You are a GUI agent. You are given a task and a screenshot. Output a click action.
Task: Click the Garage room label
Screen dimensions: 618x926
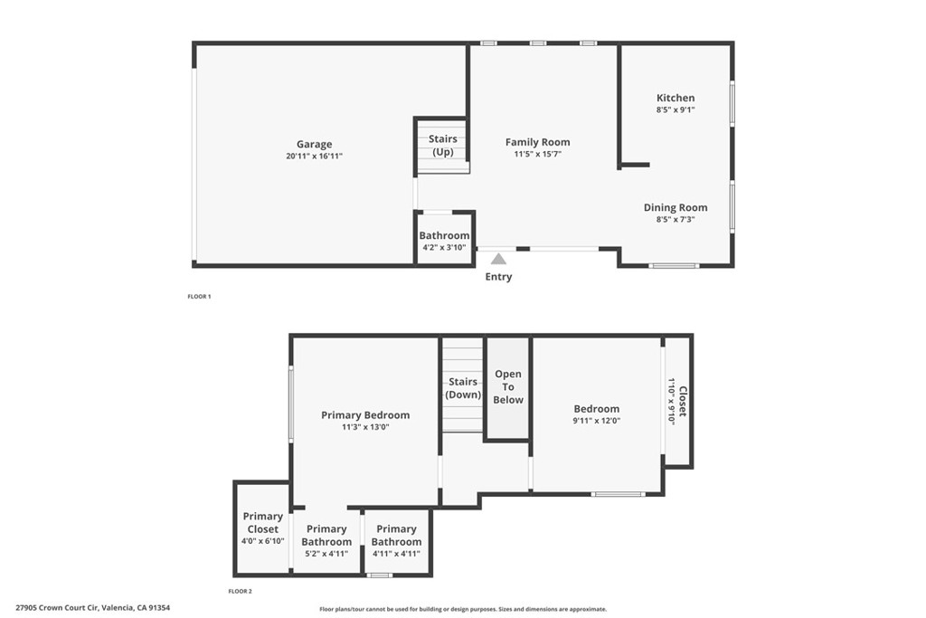click(x=314, y=145)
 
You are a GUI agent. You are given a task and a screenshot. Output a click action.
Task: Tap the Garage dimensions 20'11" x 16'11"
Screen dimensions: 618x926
click(x=314, y=157)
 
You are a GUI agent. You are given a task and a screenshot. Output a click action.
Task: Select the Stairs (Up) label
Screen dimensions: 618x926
click(x=442, y=146)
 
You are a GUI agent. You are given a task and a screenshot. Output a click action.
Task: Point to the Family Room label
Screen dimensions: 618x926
click(x=537, y=142)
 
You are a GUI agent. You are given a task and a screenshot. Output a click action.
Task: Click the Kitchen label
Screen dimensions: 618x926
click(x=676, y=98)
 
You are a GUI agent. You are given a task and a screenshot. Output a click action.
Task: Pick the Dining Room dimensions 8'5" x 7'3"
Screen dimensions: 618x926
click(x=676, y=219)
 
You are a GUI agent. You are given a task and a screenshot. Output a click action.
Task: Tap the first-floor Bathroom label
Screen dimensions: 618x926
click(x=444, y=236)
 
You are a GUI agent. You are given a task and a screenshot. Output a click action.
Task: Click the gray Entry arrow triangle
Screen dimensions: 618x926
click(x=498, y=259)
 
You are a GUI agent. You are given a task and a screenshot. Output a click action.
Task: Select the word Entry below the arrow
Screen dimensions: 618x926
click(x=498, y=277)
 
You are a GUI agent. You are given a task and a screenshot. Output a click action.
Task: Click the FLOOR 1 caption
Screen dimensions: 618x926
click(x=199, y=297)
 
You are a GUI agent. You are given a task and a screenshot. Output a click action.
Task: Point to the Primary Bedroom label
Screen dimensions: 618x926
click(x=365, y=415)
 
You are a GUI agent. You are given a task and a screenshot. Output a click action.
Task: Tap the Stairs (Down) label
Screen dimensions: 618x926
click(x=463, y=388)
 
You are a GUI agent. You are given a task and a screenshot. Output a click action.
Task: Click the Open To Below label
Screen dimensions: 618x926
click(x=508, y=386)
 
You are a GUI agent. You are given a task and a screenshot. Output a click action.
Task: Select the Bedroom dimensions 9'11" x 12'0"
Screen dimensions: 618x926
click(x=596, y=421)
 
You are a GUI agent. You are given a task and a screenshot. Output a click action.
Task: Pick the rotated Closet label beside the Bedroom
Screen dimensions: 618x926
click(x=683, y=402)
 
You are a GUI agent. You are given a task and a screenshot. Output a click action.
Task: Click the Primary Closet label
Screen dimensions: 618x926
click(x=262, y=523)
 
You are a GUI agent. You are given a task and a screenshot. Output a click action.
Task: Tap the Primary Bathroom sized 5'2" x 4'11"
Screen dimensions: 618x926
click(x=326, y=536)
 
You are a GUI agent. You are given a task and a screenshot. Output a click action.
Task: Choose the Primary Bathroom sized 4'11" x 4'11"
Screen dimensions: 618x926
click(x=396, y=536)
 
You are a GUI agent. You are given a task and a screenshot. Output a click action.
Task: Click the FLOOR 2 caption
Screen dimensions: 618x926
click(x=240, y=592)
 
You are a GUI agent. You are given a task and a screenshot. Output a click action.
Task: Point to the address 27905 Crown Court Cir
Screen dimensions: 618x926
click(x=93, y=608)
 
